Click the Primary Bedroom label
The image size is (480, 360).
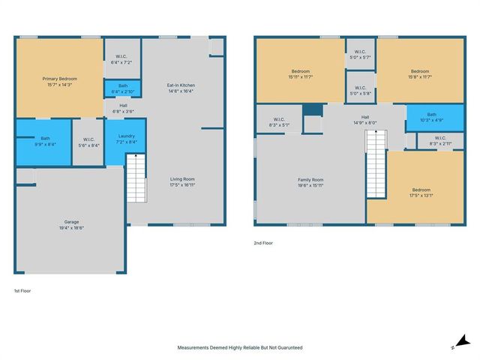tap(59, 79)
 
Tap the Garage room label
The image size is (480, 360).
tap(71, 223)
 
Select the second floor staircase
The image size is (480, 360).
tap(375, 164)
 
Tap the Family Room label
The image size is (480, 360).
tap(310, 180)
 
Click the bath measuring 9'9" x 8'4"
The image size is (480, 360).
tap(45, 141)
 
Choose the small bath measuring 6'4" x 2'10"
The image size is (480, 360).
tap(122, 88)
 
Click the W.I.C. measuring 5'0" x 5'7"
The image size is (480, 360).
tap(360, 53)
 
